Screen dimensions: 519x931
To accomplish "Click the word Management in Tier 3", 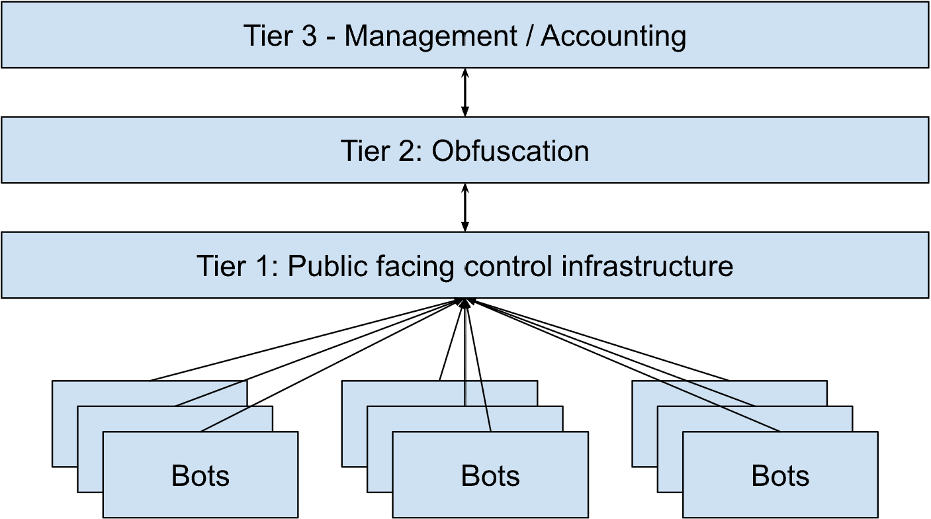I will tap(430, 36).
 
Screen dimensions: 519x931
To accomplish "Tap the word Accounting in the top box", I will tap(613, 36).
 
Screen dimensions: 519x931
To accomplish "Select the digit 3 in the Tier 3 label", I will tap(309, 36).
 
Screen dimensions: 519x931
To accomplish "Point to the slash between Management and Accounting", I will tap(529, 36).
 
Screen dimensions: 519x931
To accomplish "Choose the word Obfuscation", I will tap(510, 151).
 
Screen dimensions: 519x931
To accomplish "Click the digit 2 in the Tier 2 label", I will tap(405, 151).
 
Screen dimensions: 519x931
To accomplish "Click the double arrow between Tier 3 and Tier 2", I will tap(465, 92).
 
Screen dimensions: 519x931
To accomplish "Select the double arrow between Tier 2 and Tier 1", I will tap(465, 207).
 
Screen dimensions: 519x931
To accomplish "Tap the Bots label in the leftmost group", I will tap(200, 476).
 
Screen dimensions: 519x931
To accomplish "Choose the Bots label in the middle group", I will tap(490, 476).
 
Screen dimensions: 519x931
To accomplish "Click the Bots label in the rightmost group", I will tap(780, 476).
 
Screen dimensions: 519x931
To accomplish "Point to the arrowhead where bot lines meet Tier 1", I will tap(465, 303).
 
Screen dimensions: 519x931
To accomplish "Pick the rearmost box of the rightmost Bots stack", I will tap(644, 424).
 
